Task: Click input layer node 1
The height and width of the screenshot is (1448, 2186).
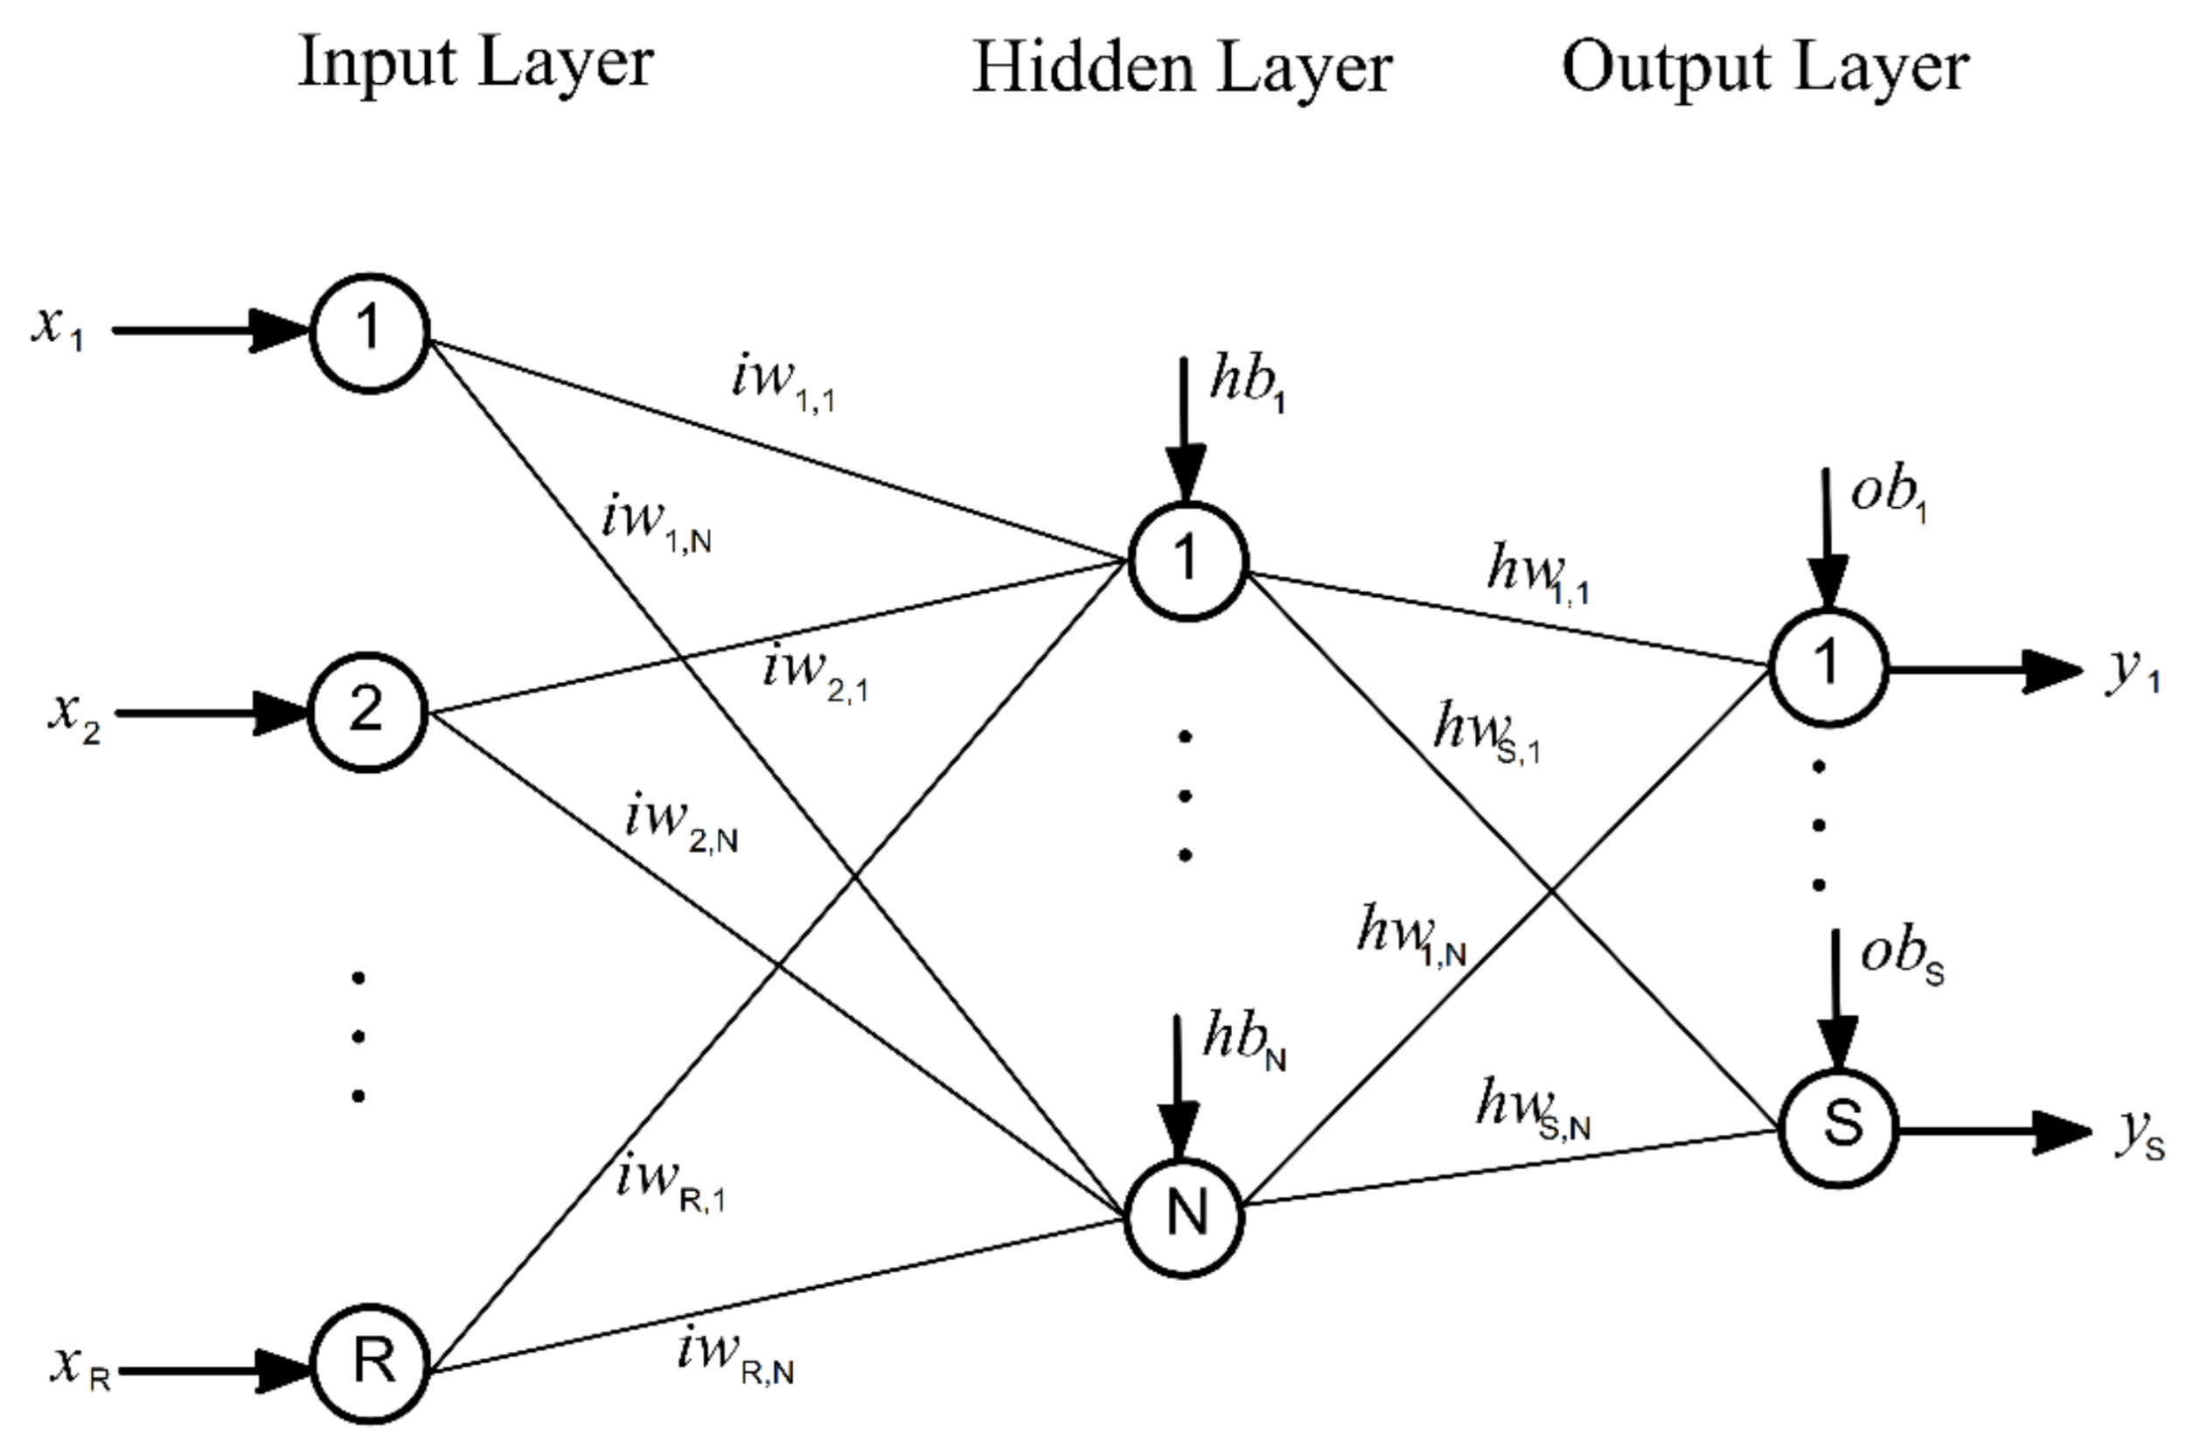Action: (x=369, y=333)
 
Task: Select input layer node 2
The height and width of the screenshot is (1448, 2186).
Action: (x=367, y=712)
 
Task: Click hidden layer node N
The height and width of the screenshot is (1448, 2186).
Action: (x=1186, y=1217)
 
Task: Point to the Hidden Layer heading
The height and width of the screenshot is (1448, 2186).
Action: (x=1181, y=69)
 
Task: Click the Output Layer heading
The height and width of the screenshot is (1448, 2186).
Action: (x=1765, y=68)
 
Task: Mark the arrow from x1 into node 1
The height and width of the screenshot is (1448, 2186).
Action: (x=208, y=331)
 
